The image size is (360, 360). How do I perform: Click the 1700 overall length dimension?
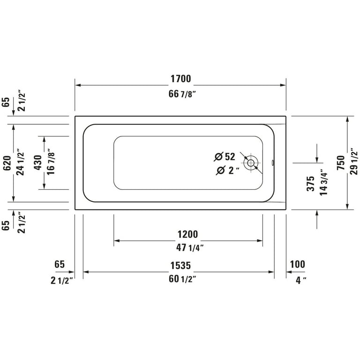click(x=180, y=79)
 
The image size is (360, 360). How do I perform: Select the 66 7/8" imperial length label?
click(x=182, y=94)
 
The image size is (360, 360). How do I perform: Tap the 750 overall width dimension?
click(x=341, y=163)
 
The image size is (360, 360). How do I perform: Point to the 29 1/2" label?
click(x=354, y=163)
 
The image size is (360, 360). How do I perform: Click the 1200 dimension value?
click(x=187, y=234)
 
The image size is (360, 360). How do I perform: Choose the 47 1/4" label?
click(x=190, y=247)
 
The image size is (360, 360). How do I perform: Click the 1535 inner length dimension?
click(x=180, y=265)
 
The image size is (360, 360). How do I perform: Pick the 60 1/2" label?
click(x=182, y=279)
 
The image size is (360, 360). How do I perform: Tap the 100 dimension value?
click(x=298, y=264)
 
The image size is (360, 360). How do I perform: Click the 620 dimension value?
click(x=7, y=163)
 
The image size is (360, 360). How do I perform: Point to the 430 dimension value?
click(x=38, y=163)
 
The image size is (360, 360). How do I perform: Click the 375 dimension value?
click(x=311, y=183)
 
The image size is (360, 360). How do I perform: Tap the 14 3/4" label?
click(x=324, y=183)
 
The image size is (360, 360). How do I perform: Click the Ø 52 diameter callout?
click(x=225, y=157)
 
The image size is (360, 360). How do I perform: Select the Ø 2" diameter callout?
click(x=227, y=170)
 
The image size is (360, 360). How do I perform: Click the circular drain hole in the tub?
click(x=251, y=163)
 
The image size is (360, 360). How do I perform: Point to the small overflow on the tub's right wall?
click(x=273, y=163)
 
